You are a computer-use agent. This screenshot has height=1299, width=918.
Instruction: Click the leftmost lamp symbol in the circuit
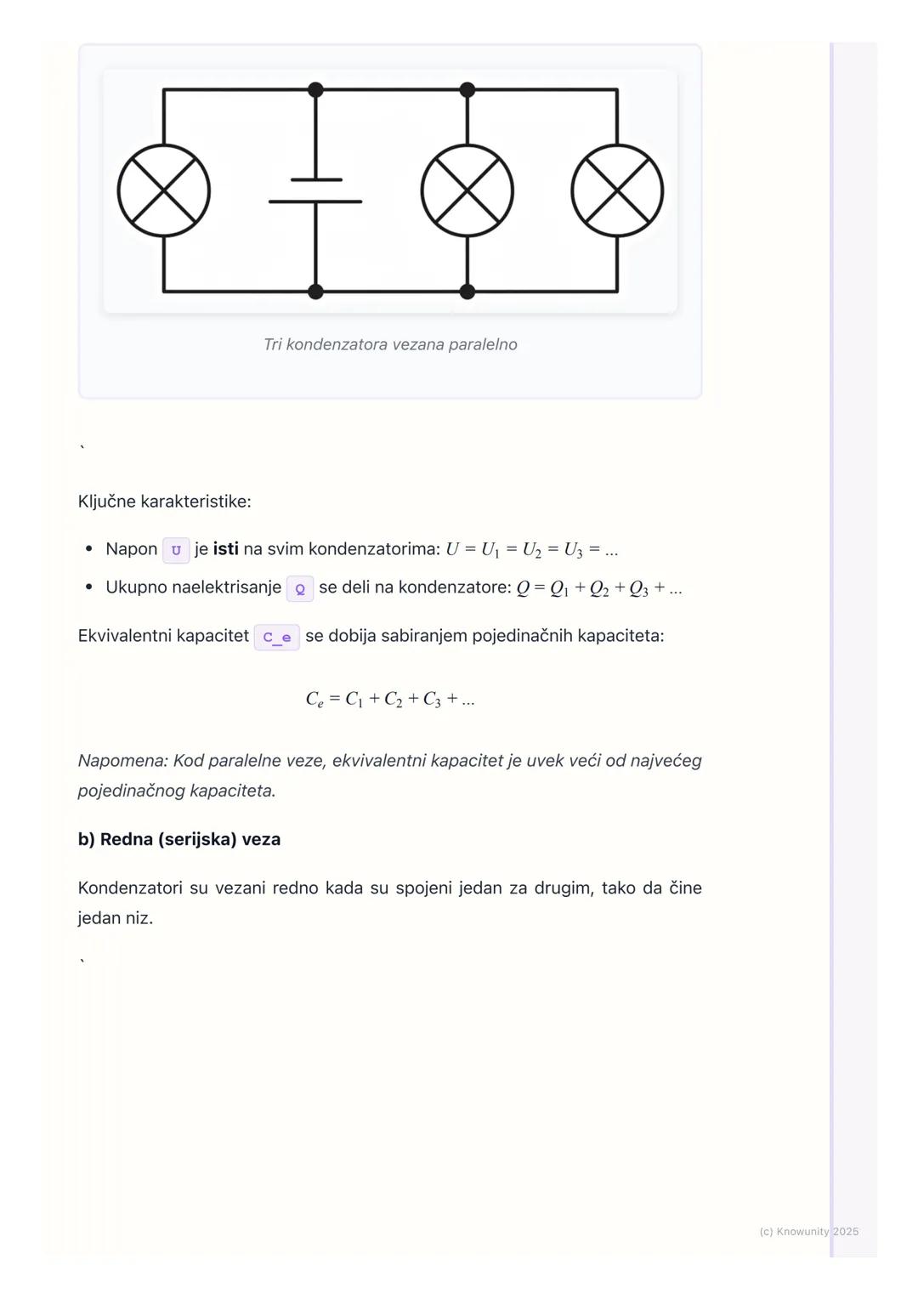pos(164,190)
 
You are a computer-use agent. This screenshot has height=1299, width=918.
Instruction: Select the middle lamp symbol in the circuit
pos(467,190)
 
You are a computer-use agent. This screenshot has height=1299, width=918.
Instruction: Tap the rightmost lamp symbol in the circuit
pos(617,190)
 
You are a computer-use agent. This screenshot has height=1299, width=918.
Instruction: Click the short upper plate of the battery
pos(316,179)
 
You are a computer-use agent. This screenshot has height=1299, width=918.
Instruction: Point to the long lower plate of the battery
pos(315,201)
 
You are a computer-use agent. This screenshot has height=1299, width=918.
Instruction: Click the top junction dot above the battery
pos(315,89)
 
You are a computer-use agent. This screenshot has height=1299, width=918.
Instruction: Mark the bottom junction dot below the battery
pos(315,292)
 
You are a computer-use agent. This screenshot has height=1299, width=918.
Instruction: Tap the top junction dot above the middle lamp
pos(467,89)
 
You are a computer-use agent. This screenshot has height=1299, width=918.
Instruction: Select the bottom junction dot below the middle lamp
pos(467,292)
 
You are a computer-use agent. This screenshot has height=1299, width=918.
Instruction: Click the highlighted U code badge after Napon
pos(176,550)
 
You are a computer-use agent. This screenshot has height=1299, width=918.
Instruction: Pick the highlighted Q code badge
pos(300,588)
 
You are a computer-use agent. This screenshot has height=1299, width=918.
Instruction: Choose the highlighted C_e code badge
pos(276,637)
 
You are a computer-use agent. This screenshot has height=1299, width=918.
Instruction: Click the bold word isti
pos(225,549)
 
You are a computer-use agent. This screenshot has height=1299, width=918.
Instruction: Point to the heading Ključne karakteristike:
pos(164,502)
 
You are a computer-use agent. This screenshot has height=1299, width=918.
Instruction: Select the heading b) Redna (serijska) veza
pos(179,839)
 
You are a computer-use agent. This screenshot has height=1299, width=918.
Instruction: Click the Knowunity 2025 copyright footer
pos(808,1231)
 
